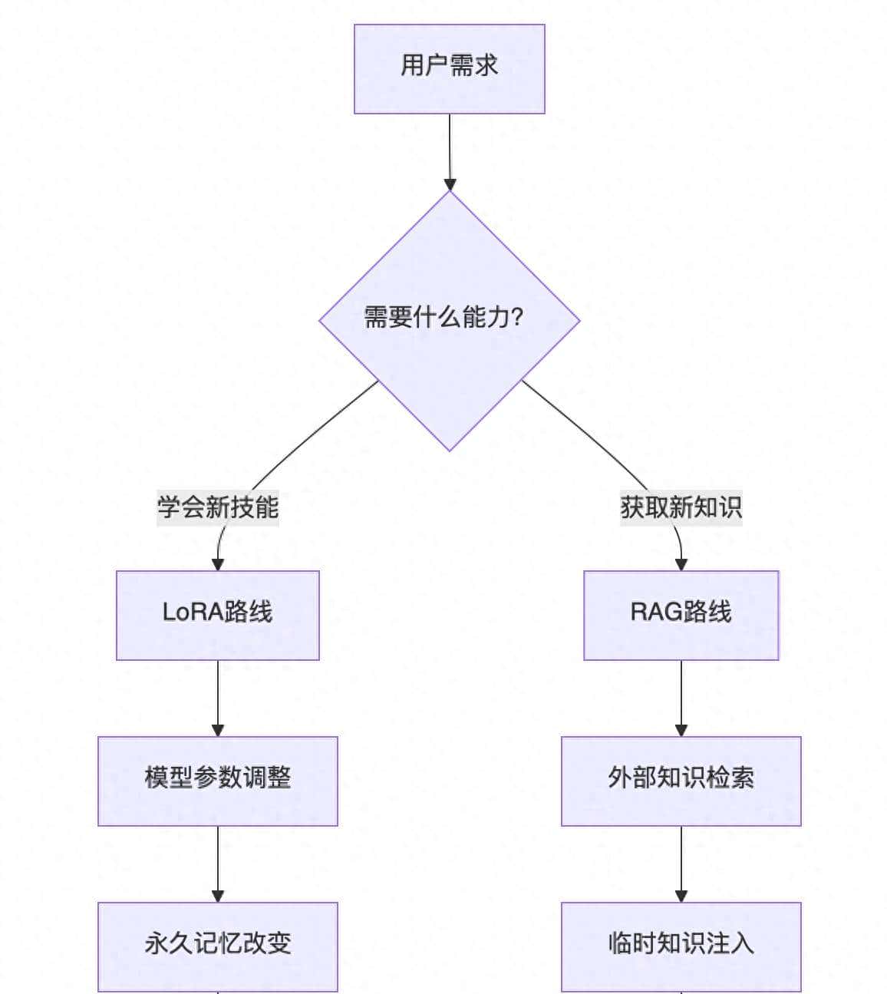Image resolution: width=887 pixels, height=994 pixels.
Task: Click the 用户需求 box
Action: (x=449, y=68)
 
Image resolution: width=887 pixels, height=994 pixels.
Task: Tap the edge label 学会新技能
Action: (x=218, y=507)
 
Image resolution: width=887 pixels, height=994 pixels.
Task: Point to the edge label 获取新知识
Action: (x=681, y=507)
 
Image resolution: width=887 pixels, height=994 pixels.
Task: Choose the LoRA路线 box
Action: (x=217, y=615)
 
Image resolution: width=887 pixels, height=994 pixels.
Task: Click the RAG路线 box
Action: (x=681, y=615)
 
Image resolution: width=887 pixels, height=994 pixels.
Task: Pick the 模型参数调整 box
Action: (x=217, y=781)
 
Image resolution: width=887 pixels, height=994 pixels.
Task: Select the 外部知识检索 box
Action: (x=681, y=781)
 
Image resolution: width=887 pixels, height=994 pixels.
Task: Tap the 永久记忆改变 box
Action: (x=217, y=946)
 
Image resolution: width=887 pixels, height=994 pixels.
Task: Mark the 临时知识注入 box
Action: (x=681, y=946)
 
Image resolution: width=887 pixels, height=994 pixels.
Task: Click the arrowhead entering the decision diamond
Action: (x=450, y=184)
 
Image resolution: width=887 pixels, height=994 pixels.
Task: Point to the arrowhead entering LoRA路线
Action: (x=217, y=564)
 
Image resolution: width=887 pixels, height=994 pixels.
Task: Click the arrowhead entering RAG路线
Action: (x=681, y=564)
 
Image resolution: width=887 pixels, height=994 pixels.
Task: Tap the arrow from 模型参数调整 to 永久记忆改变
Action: (x=217, y=863)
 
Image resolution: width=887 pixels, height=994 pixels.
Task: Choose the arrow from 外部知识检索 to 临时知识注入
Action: (x=681, y=863)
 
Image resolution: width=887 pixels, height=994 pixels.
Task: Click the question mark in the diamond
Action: (x=516, y=317)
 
